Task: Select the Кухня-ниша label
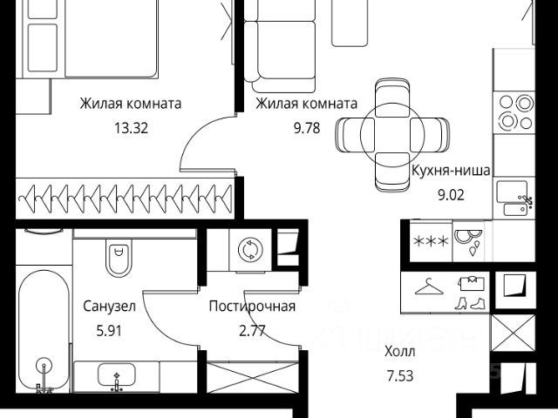[x=451, y=170]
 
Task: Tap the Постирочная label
[x=252, y=307]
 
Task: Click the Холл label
[x=400, y=352]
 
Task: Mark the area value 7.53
[x=399, y=376]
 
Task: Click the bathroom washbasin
[x=116, y=379]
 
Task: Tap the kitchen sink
[x=512, y=196]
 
